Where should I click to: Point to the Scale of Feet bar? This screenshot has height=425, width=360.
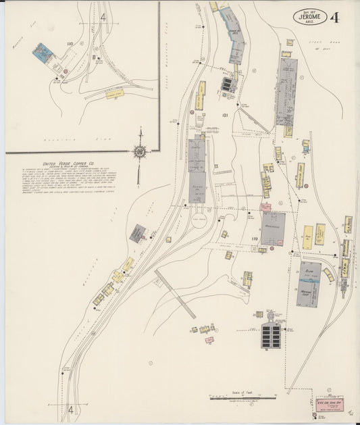[x=243, y=398]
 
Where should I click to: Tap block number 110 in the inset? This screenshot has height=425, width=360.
[x=70, y=44]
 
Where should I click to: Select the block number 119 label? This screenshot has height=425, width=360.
[x=255, y=239]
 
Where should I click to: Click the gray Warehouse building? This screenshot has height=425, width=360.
[x=274, y=228]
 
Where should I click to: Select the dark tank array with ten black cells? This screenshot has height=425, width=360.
[x=272, y=336]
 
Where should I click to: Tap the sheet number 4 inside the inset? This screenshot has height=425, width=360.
[x=103, y=17]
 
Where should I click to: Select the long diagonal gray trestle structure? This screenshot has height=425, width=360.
[x=175, y=293]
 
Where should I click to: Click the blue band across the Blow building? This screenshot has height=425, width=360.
[x=309, y=277]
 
